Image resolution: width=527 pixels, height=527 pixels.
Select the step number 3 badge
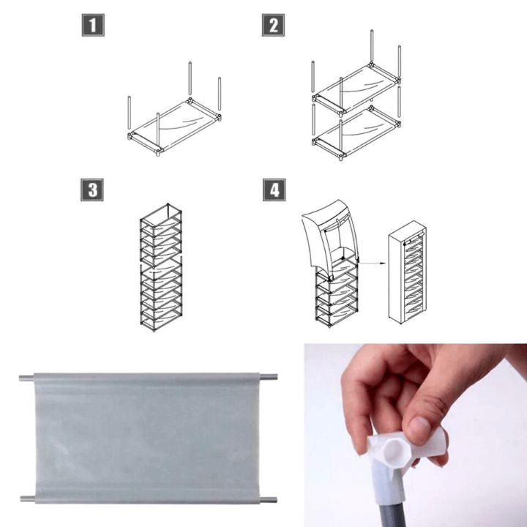click(91, 190)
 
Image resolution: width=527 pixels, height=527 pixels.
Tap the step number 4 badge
click(274, 190)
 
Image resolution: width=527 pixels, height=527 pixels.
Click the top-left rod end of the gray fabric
click(26, 378)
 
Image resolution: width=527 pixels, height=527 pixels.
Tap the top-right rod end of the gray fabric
click(269, 378)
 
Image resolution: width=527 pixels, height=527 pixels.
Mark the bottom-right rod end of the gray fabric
click(269, 501)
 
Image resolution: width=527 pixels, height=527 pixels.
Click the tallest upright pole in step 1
click(190, 81)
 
